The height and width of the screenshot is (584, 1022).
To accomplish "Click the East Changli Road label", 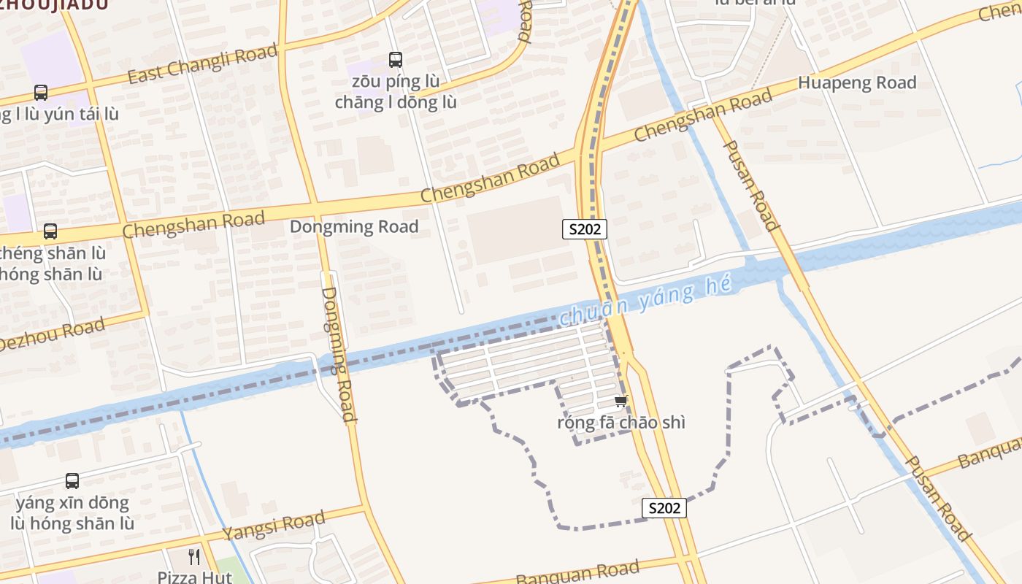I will [x=203, y=63].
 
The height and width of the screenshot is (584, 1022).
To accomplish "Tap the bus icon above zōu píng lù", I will [x=395, y=60].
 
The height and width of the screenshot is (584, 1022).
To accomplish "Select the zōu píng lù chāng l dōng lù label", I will [x=396, y=92].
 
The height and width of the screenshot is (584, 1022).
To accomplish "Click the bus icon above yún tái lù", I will [x=41, y=93].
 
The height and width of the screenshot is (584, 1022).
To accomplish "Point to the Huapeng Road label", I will [x=857, y=82].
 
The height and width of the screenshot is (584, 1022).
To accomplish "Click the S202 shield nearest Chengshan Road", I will [x=585, y=229].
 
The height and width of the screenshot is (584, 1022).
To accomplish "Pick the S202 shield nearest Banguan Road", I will [x=664, y=507].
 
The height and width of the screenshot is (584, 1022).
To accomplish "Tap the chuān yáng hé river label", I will [x=645, y=301].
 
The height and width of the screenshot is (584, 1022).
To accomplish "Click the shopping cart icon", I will [x=621, y=401].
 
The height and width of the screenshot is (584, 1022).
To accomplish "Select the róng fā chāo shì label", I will [x=621, y=423].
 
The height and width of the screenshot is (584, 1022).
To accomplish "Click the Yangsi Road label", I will [x=274, y=526].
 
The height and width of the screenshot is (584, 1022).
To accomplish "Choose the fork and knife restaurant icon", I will [x=194, y=557].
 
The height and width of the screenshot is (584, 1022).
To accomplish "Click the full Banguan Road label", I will [x=577, y=572].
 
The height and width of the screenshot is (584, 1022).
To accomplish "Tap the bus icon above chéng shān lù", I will [x=50, y=231].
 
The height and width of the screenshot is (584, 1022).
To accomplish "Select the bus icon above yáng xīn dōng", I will [x=72, y=481].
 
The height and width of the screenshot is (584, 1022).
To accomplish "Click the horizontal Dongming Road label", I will [x=354, y=226].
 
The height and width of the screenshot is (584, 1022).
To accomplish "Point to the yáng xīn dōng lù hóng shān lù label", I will [x=72, y=513].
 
